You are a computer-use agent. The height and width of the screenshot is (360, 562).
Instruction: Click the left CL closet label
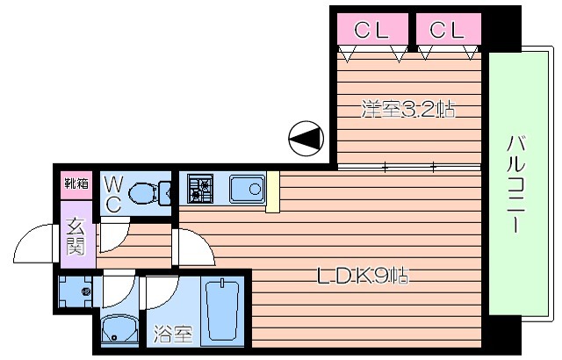(371, 30)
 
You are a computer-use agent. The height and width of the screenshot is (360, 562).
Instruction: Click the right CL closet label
(447, 30)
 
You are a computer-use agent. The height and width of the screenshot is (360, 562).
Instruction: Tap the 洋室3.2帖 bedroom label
(408, 109)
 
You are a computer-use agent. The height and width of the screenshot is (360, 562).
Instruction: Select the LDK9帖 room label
(363, 276)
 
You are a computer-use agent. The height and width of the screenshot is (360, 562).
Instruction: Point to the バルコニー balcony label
(515, 184)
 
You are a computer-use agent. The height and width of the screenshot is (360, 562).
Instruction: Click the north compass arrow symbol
(306, 138)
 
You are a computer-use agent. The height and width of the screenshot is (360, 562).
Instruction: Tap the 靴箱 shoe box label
(76, 184)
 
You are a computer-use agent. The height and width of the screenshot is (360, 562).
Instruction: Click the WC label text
(114, 195)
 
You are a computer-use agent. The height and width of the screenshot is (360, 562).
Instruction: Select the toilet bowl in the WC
(149, 193)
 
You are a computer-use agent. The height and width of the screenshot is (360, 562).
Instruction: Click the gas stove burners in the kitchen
(200, 189)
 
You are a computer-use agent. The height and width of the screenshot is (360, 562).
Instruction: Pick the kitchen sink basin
(248, 189)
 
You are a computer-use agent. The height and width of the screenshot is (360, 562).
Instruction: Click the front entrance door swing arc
(33, 243)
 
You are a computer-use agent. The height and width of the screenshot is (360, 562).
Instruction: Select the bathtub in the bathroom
(222, 310)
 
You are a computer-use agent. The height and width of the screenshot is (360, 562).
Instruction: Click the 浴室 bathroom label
(174, 335)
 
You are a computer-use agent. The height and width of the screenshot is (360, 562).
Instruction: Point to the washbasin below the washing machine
(119, 329)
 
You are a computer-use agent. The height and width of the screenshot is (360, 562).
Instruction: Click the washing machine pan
(76, 292)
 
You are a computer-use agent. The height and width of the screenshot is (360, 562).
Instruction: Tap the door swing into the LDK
(194, 248)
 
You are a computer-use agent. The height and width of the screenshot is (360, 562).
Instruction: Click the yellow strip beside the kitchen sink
(273, 191)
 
